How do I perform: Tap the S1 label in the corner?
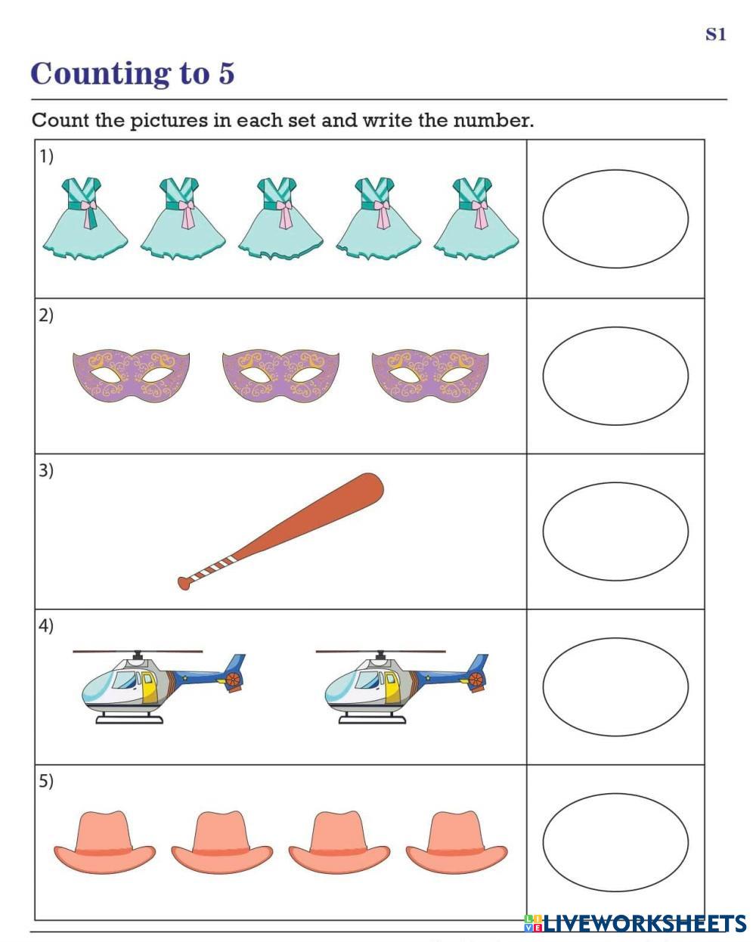click(715, 34)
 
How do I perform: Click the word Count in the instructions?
click(60, 120)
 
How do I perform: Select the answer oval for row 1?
click(615, 218)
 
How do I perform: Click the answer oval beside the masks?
click(615, 376)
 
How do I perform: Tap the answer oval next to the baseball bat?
click(615, 531)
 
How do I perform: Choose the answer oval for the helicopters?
click(615, 686)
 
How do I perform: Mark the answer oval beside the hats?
click(615, 842)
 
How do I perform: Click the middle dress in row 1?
click(280, 218)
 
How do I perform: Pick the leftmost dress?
click(85, 218)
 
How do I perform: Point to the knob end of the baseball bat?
click(184, 582)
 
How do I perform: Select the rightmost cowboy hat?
click(457, 843)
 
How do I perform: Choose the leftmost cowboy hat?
click(104, 843)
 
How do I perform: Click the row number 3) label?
click(46, 470)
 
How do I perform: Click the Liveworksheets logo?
click(635, 922)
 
